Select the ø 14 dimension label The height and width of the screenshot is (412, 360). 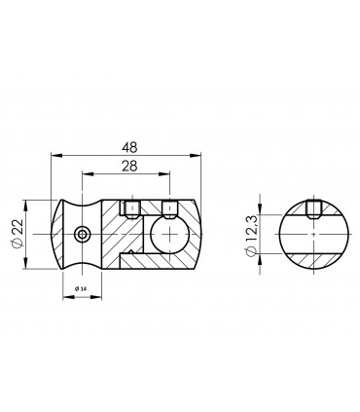point(81,289)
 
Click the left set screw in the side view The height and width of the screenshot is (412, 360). point(128,206)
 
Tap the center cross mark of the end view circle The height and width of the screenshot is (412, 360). point(311,235)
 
